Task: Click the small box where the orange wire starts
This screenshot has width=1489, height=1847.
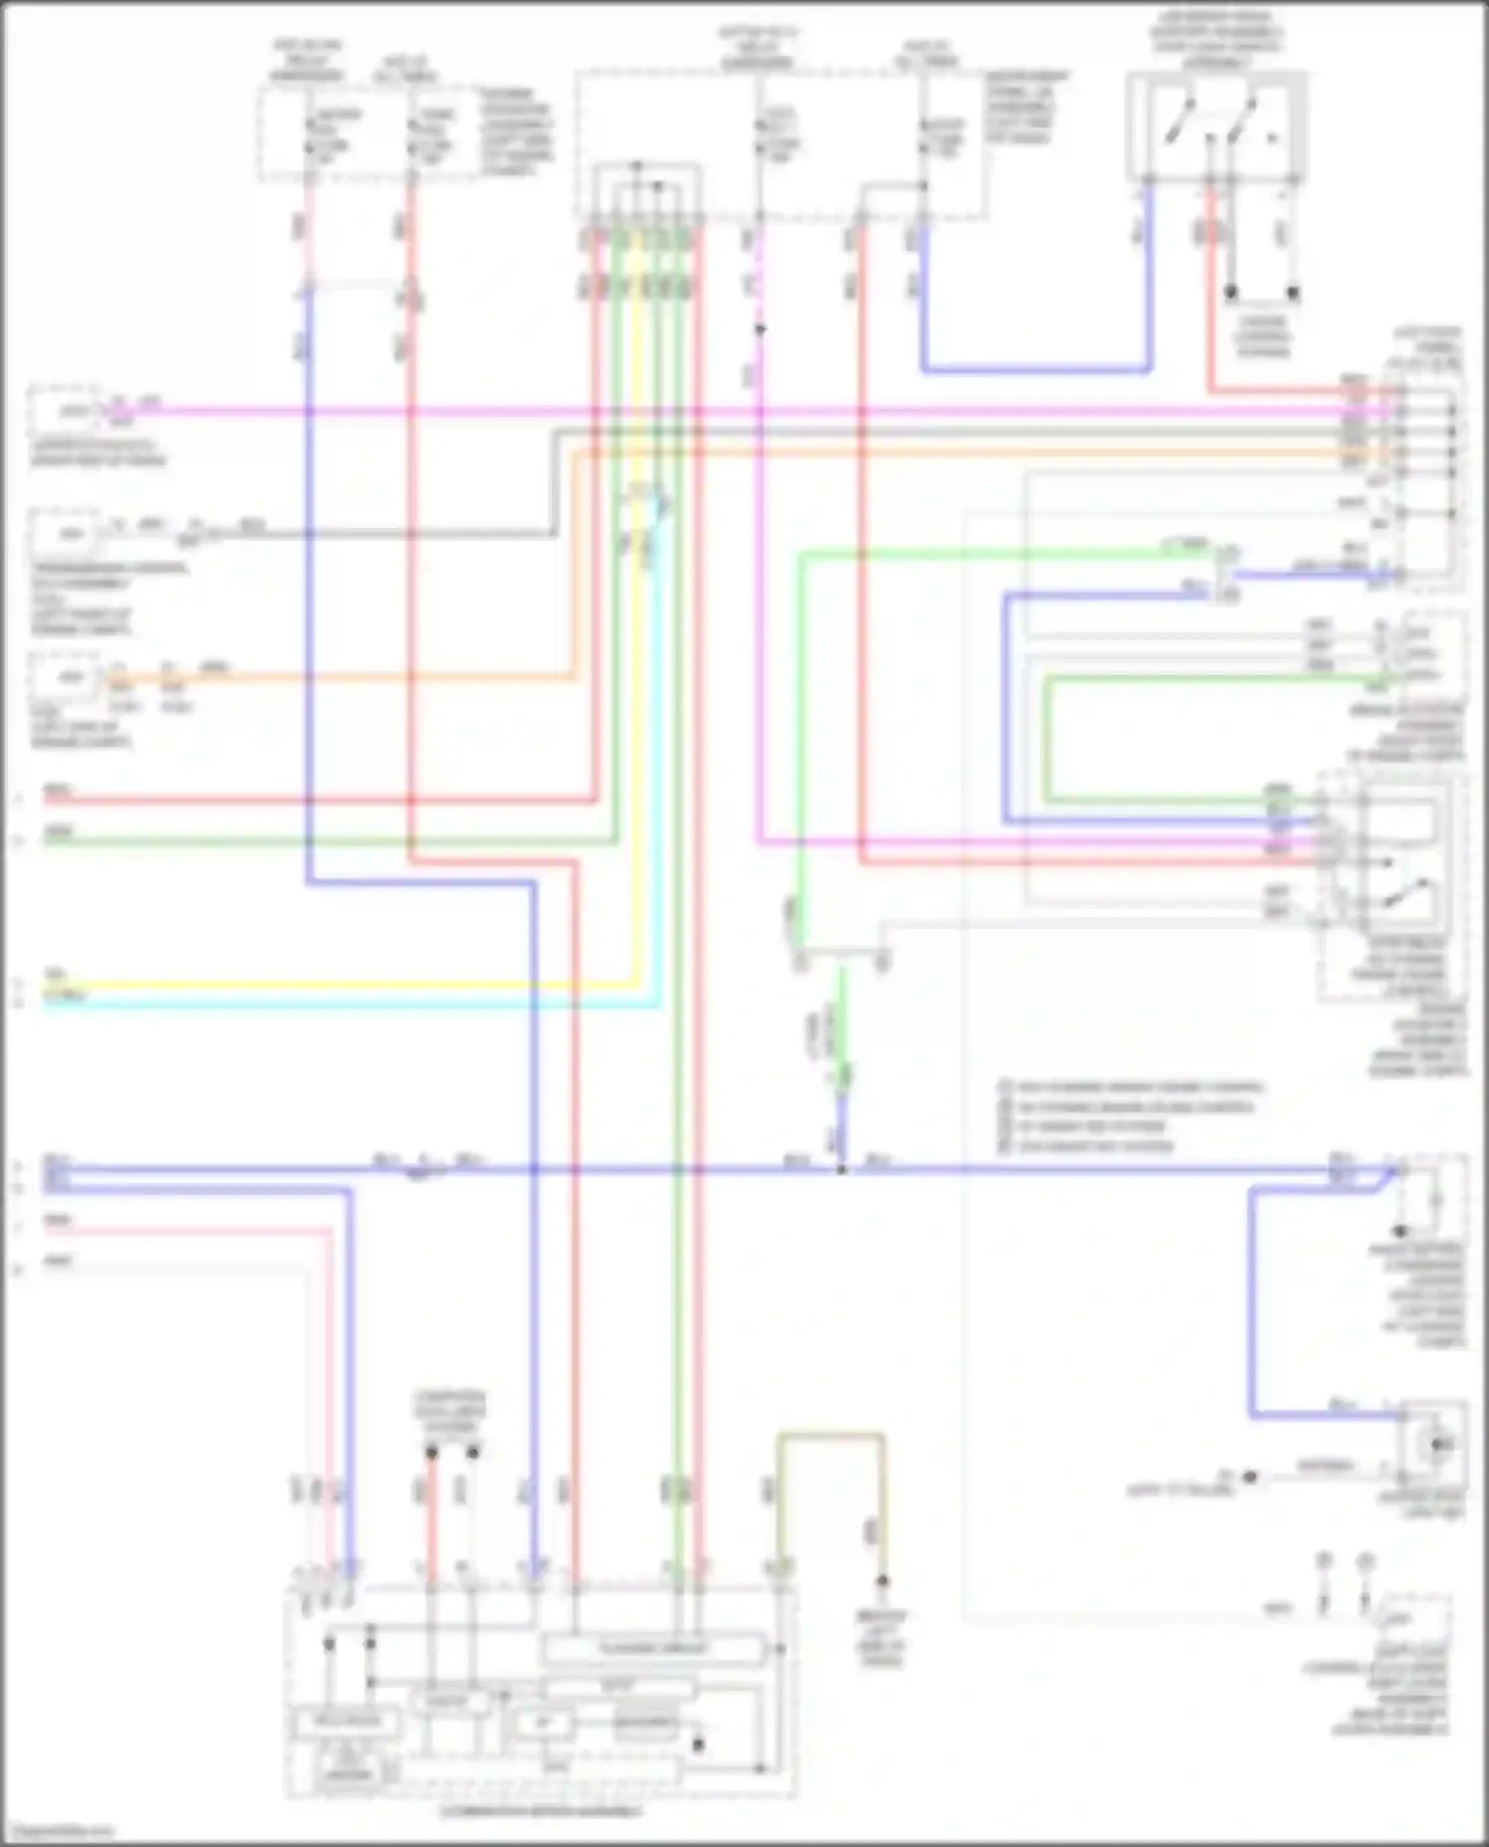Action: pyautogui.click(x=66, y=678)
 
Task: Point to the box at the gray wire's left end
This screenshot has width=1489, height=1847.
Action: pyautogui.click(x=66, y=534)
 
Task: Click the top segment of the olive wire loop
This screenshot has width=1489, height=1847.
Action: pyautogui.click(x=831, y=1435)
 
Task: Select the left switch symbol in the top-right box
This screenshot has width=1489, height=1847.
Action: pyautogui.click(x=1176, y=121)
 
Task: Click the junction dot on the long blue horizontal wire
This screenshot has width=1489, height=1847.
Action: pyautogui.click(x=842, y=1170)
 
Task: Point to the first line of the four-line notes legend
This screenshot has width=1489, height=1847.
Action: pyautogui.click(x=1132, y=1087)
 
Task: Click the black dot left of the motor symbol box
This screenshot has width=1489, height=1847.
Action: pyautogui.click(x=1250, y=1477)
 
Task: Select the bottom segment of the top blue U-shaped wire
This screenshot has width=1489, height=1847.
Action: pyautogui.click(x=1036, y=371)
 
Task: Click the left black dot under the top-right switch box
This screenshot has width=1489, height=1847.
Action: pyautogui.click(x=1231, y=293)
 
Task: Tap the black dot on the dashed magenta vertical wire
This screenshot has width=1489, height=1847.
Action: pyautogui.click(x=760, y=329)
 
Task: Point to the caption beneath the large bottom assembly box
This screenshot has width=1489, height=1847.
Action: pyautogui.click(x=541, y=1811)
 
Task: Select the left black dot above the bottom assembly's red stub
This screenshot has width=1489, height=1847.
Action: pyautogui.click(x=432, y=1453)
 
